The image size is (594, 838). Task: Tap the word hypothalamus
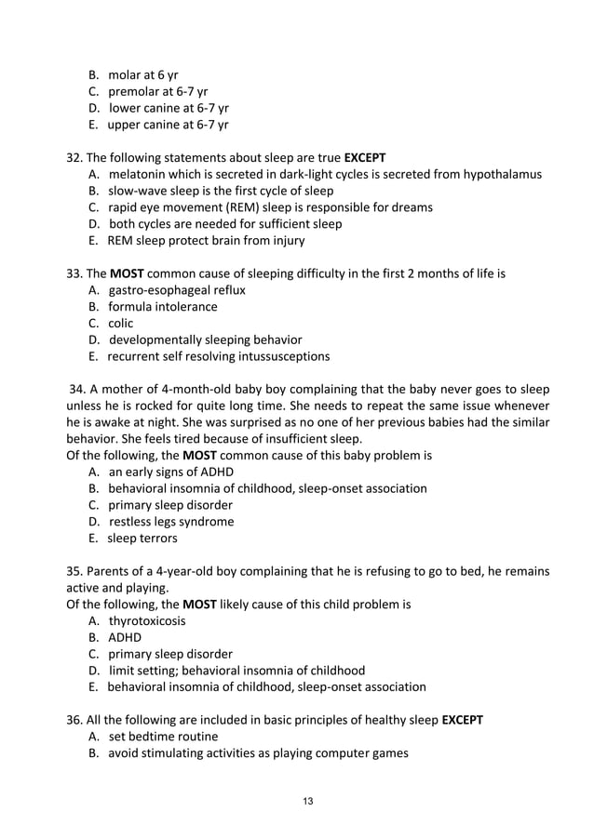tap(499, 174)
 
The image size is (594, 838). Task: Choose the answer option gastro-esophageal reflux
tap(177, 290)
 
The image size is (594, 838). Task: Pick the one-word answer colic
tap(121, 323)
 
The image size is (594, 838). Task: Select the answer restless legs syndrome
tap(171, 522)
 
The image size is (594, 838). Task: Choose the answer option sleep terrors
tap(142, 538)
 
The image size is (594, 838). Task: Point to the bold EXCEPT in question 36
tap(462, 720)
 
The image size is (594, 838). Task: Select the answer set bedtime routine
tap(163, 737)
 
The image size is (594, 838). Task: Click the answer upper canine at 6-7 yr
tap(169, 124)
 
